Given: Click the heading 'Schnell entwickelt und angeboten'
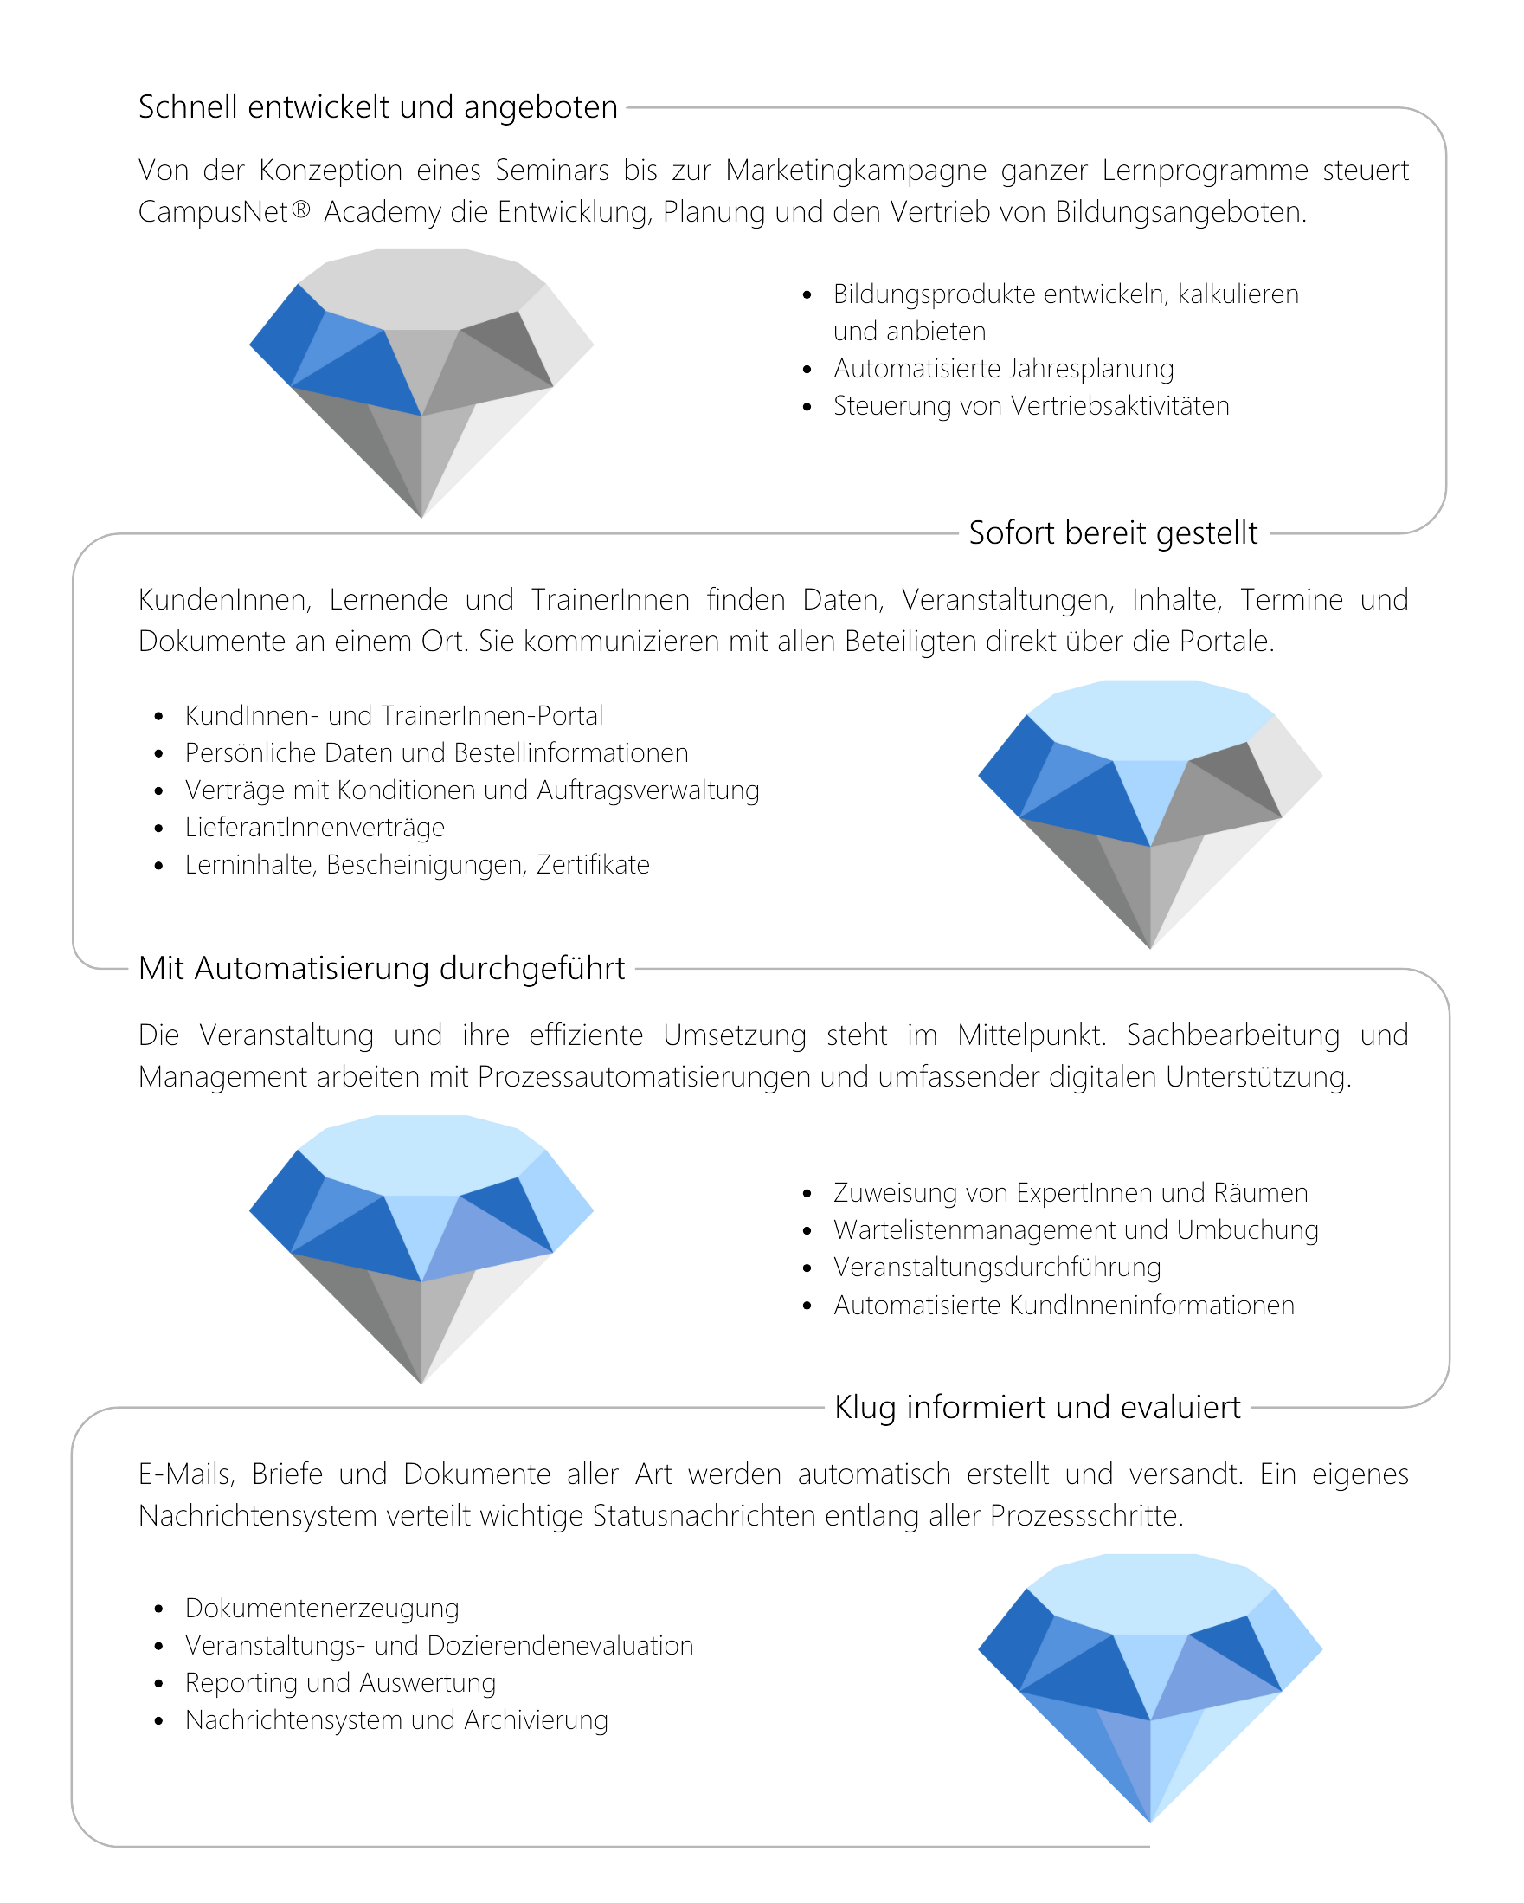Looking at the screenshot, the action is pos(377,106).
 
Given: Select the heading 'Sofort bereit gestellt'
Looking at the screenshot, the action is pos(1113,533).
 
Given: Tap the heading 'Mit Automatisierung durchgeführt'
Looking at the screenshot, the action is pos(382,968).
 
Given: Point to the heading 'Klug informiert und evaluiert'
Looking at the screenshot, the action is pos(1038,1407).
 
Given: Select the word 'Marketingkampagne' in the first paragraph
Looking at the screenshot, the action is pos(855,171).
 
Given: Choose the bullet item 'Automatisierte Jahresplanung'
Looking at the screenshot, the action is pos(1003,368).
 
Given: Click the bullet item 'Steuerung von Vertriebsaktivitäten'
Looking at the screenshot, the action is pos(1031,406).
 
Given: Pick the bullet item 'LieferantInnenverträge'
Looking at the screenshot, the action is pos(315,827).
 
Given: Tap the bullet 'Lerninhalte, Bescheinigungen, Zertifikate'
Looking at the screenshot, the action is pos(417,865).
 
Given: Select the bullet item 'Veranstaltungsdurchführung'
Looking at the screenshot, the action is pos(997,1268).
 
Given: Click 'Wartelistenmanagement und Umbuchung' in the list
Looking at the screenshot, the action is pos(1076,1229).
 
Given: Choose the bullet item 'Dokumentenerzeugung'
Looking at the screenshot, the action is pos(322,1608).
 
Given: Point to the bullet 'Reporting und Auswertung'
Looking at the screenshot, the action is pos(341,1683).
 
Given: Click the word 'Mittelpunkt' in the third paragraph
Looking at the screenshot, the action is pos(1032,1035).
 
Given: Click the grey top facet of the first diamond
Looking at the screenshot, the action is pos(421,287).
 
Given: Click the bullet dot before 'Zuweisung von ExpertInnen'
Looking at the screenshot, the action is pos(807,1194).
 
